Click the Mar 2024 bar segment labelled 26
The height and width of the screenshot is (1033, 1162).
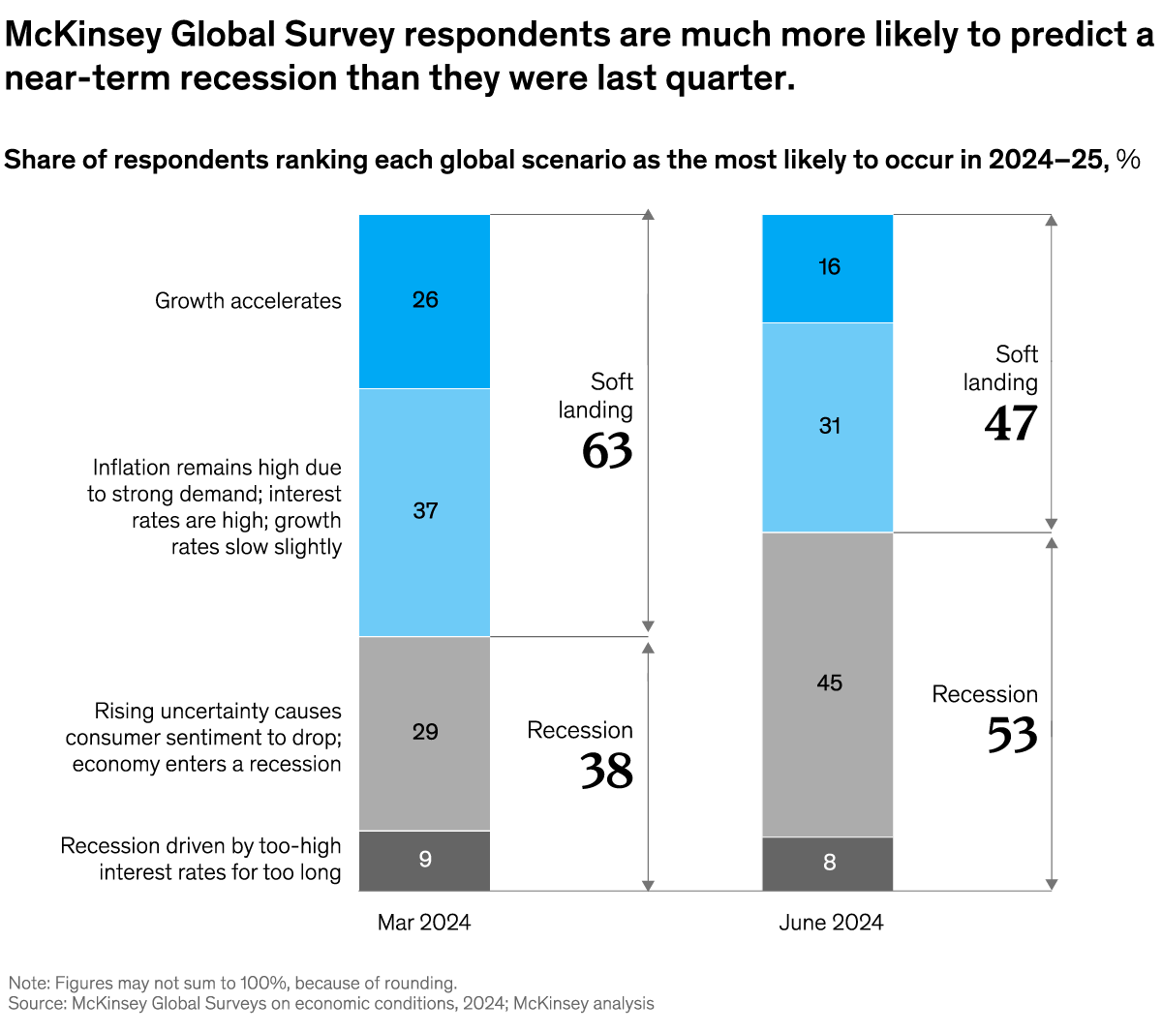point(424,300)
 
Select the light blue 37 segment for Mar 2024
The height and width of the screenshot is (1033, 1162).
point(424,511)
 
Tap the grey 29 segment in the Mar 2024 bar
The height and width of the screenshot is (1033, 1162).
point(424,732)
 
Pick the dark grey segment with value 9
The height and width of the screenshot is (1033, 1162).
point(424,860)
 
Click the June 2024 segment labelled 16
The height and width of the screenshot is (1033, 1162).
point(828,267)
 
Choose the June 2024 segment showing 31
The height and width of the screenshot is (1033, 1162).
point(828,426)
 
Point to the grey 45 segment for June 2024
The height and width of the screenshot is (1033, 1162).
point(828,684)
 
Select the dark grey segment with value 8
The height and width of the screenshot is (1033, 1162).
point(828,863)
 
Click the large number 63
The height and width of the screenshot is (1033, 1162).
point(607,451)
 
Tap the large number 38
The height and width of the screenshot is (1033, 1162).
point(606,772)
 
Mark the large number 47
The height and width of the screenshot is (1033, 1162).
point(1011,424)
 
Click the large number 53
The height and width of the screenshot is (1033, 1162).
point(1012,736)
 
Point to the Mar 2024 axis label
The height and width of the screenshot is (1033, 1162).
point(424,923)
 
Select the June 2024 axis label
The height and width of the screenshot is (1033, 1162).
point(831,923)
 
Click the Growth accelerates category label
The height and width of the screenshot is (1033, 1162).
point(248,301)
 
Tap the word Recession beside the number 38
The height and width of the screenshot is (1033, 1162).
point(579,731)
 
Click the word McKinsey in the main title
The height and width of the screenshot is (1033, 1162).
point(83,36)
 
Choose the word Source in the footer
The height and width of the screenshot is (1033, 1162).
point(36,1004)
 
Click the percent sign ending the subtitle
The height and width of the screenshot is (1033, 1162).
point(1128,160)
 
